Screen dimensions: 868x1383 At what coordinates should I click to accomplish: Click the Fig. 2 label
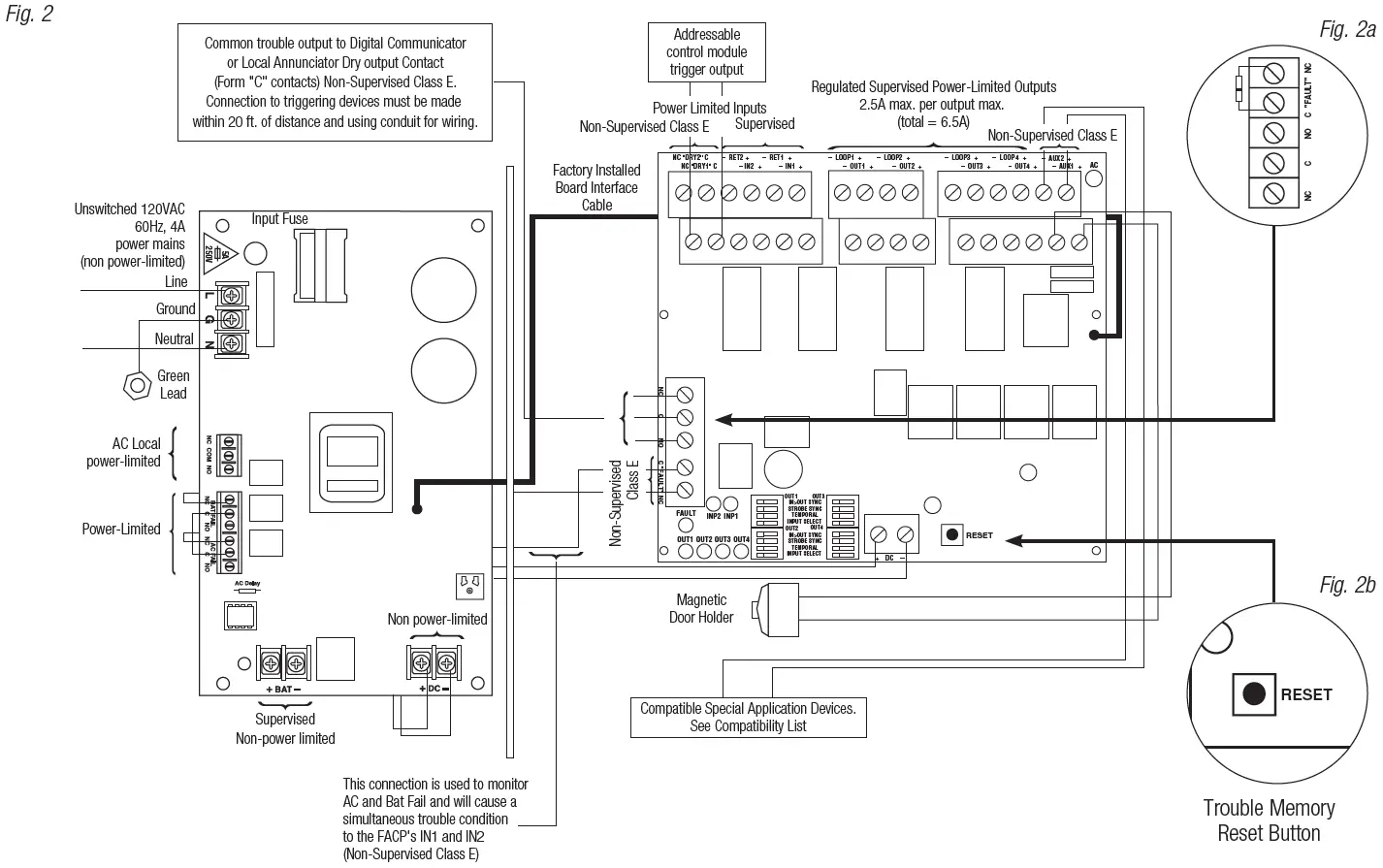tap(29, 15)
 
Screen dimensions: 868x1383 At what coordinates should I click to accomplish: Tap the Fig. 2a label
tap(1347, 29)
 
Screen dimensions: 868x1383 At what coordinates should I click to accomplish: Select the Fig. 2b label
tap(1347, 585)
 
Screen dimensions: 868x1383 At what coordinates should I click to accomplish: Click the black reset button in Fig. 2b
tap(1254, 693)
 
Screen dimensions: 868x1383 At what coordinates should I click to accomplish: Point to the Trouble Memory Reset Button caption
tap(1269, 820)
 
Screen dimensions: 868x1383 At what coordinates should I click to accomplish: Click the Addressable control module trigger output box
tap(707, 52)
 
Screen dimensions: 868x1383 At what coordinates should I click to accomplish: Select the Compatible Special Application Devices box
tap(748, 717)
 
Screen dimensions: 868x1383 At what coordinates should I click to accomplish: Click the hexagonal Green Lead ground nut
tap(134, 384)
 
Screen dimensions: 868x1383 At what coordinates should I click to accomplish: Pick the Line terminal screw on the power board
tap(233, 294)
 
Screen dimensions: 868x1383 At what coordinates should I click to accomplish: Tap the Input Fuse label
tap(280, 219)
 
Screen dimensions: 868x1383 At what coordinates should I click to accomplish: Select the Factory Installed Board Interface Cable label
tap(596, 188)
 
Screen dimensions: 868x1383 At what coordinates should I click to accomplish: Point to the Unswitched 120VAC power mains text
tap(130, 235)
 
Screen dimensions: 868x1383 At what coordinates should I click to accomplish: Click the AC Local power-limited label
tap(124, 453)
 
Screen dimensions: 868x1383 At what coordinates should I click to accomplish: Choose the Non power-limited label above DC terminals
tap(437, 619)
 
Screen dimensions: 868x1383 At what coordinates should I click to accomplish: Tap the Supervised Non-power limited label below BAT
tap(285, 728)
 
